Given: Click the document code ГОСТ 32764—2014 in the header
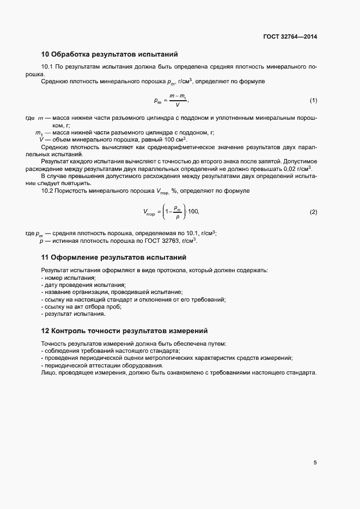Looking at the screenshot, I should click(290, 37).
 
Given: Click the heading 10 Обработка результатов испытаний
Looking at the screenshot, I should click(109, 54).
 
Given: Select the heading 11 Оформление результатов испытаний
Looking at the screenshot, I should click(114, 257).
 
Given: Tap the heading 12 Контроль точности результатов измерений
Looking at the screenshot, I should click(124, 331).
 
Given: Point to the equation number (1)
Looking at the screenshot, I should click(313, 101).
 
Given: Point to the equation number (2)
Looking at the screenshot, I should click(313, 212).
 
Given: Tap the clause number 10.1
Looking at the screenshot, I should click(48, 67).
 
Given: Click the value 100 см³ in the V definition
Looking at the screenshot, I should click(175, 139).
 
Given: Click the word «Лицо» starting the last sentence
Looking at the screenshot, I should click(47, 373).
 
